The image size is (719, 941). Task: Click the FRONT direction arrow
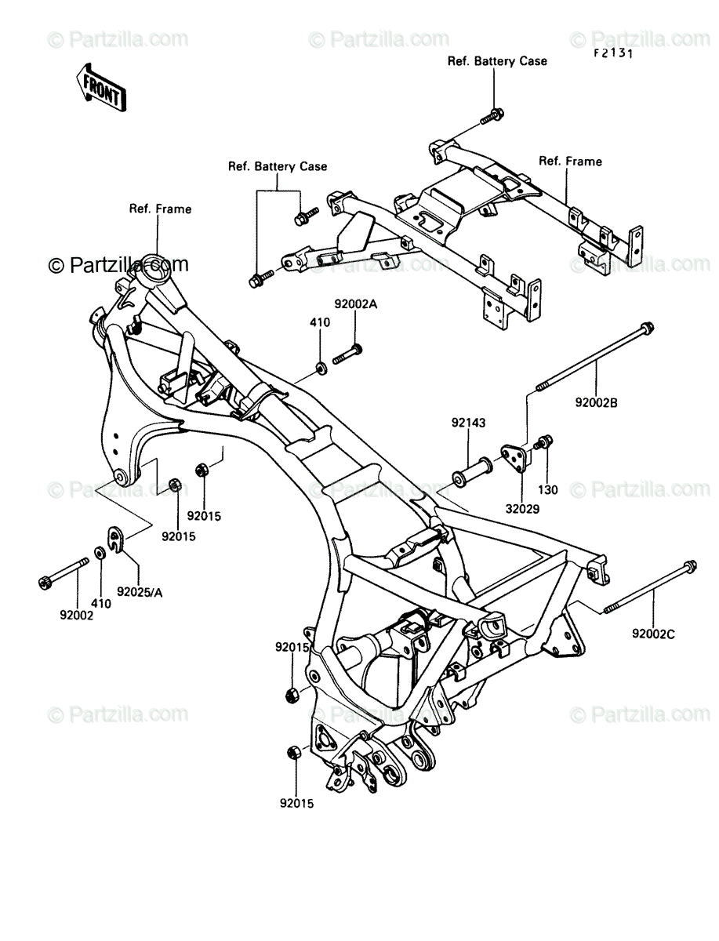point(101,88)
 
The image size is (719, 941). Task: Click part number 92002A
point(356,304)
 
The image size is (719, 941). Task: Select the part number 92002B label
point(596,403)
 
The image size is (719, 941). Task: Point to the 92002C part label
point(653,634)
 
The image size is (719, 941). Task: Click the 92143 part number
point(468,423)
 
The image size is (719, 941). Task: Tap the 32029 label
point(522,509)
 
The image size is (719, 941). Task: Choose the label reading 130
point(547,489)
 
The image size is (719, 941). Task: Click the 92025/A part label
point(140,593)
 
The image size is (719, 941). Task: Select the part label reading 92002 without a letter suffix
point(76,616)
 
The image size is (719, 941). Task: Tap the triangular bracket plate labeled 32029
point(516,459)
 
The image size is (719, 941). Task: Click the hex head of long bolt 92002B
point(647,328)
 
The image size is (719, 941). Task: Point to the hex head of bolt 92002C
point(689,566)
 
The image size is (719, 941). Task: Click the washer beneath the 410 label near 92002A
point(321,368)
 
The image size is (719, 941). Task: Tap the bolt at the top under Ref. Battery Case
point(492,116)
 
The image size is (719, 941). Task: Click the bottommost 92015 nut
point(292,752)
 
